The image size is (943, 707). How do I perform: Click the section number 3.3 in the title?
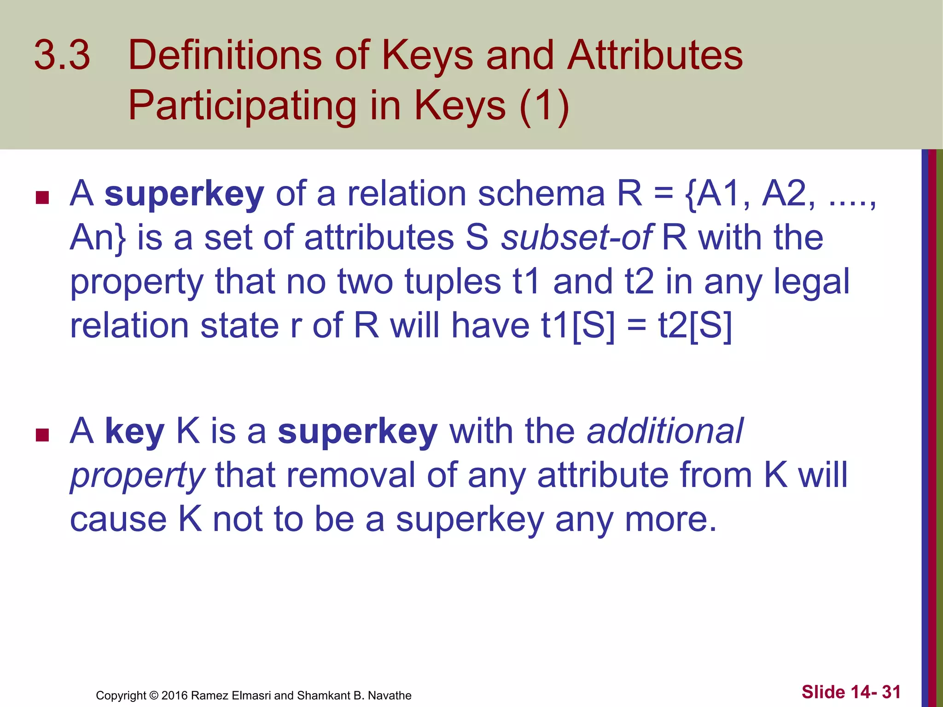tap(62, 55)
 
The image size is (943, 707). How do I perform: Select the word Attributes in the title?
tap(655, 55)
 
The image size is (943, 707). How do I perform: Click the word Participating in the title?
tap(242, 106)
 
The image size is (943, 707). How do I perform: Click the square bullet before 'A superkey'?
tap(42, 198)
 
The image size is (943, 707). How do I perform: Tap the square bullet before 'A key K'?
tap(42, 435)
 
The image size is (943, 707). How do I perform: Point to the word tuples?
tap(453, 282)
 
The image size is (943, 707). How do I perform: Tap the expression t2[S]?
tap(695, 326)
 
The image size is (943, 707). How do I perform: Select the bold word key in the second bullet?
tap(134, 432)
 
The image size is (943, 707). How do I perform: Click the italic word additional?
tap(665, 431)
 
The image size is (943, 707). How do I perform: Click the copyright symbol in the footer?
tap(154, 695)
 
